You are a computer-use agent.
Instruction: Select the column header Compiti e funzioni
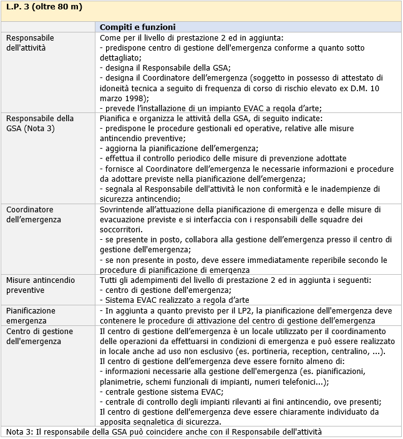(137, 27)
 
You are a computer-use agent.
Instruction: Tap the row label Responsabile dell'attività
(30, 42)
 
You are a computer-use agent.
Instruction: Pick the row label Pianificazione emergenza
(31, 315)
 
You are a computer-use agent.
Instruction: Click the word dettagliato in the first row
(122, 57)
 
